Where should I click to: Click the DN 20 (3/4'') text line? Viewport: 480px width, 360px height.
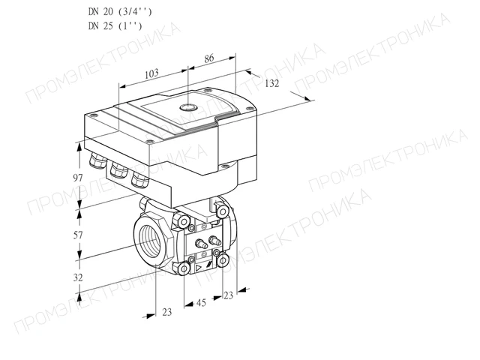coord(120,12)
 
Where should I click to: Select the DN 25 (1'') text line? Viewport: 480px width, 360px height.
coord(115,26)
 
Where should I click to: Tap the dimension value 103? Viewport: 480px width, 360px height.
coord(151,73)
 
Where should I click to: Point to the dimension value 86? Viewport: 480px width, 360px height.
coord(208,58)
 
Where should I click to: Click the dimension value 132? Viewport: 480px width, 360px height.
coord(271,83)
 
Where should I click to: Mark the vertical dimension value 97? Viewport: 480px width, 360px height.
coord(78,178)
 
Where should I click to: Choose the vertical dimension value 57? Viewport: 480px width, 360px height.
coord(78,235)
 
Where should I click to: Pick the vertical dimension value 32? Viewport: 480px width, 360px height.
coord(78,277)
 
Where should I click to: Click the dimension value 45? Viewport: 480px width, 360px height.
coord(201,303)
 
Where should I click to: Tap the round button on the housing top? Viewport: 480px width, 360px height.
coord(187,107)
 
